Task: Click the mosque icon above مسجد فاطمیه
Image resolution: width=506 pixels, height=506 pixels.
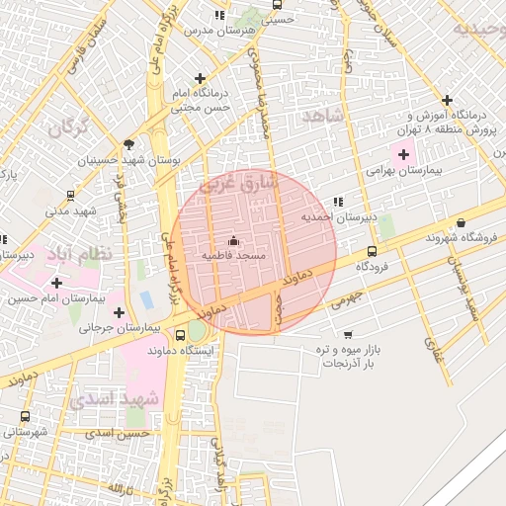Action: [x=233, y=240]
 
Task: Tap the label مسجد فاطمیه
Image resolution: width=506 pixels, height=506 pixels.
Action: [x=234, y=255]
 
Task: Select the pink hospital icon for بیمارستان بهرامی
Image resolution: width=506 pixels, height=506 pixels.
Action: [x=403, y=153]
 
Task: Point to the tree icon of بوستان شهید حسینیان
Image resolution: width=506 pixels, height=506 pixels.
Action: [x=129, y=144]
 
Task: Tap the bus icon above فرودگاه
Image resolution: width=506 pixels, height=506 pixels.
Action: [x=372, y=251]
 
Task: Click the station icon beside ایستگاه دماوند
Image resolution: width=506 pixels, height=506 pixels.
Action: [x=180, y=336]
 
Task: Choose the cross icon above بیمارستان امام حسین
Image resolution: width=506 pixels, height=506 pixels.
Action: [x=56, y=283]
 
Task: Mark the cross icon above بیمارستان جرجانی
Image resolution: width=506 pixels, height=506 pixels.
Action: [x=121, y=312]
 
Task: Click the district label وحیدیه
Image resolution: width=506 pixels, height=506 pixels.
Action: [x=478, y=28]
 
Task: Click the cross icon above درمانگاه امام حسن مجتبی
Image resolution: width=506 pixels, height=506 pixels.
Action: [x=202, y=78]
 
